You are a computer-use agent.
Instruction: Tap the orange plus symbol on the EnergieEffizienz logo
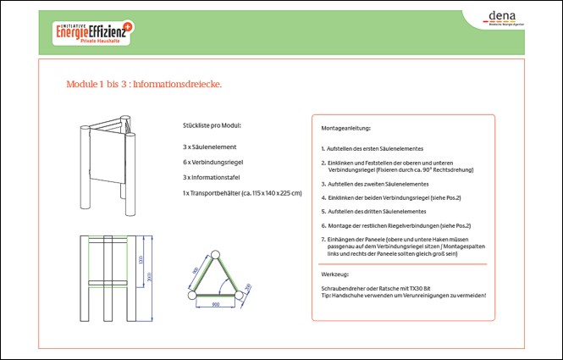click(x=128, y=27)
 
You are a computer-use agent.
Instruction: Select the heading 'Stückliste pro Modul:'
click(x=212, y=125)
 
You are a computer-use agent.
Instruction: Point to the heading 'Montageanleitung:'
click(x=345, y=128)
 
